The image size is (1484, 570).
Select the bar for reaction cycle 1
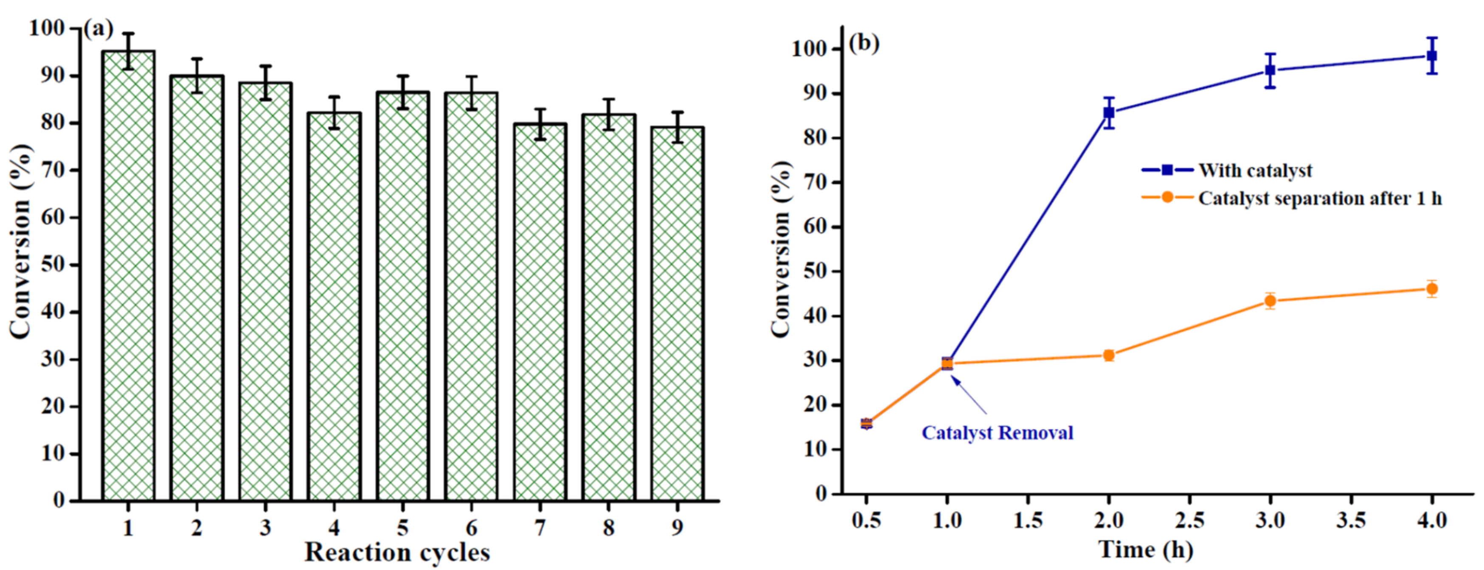(128, 277)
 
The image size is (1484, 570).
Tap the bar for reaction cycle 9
(677, 314)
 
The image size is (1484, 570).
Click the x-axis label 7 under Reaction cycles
(540, 528)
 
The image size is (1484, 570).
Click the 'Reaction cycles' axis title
(397, 553)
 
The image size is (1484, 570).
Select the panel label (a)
(98, 29)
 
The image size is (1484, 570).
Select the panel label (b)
(864, 43)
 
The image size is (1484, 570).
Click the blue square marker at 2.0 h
(1109, 113)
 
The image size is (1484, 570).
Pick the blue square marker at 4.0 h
(1431, 56)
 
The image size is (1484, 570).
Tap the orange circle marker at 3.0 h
(1270, 301)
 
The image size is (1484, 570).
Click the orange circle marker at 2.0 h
(1109, 355)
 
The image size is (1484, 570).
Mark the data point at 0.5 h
(866, 424)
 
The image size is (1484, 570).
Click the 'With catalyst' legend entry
(1255, 170)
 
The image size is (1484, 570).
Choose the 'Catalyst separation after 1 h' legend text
(1320, 198)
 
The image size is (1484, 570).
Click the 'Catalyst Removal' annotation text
(997, 433)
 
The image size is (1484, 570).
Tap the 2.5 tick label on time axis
(1189, 521)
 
